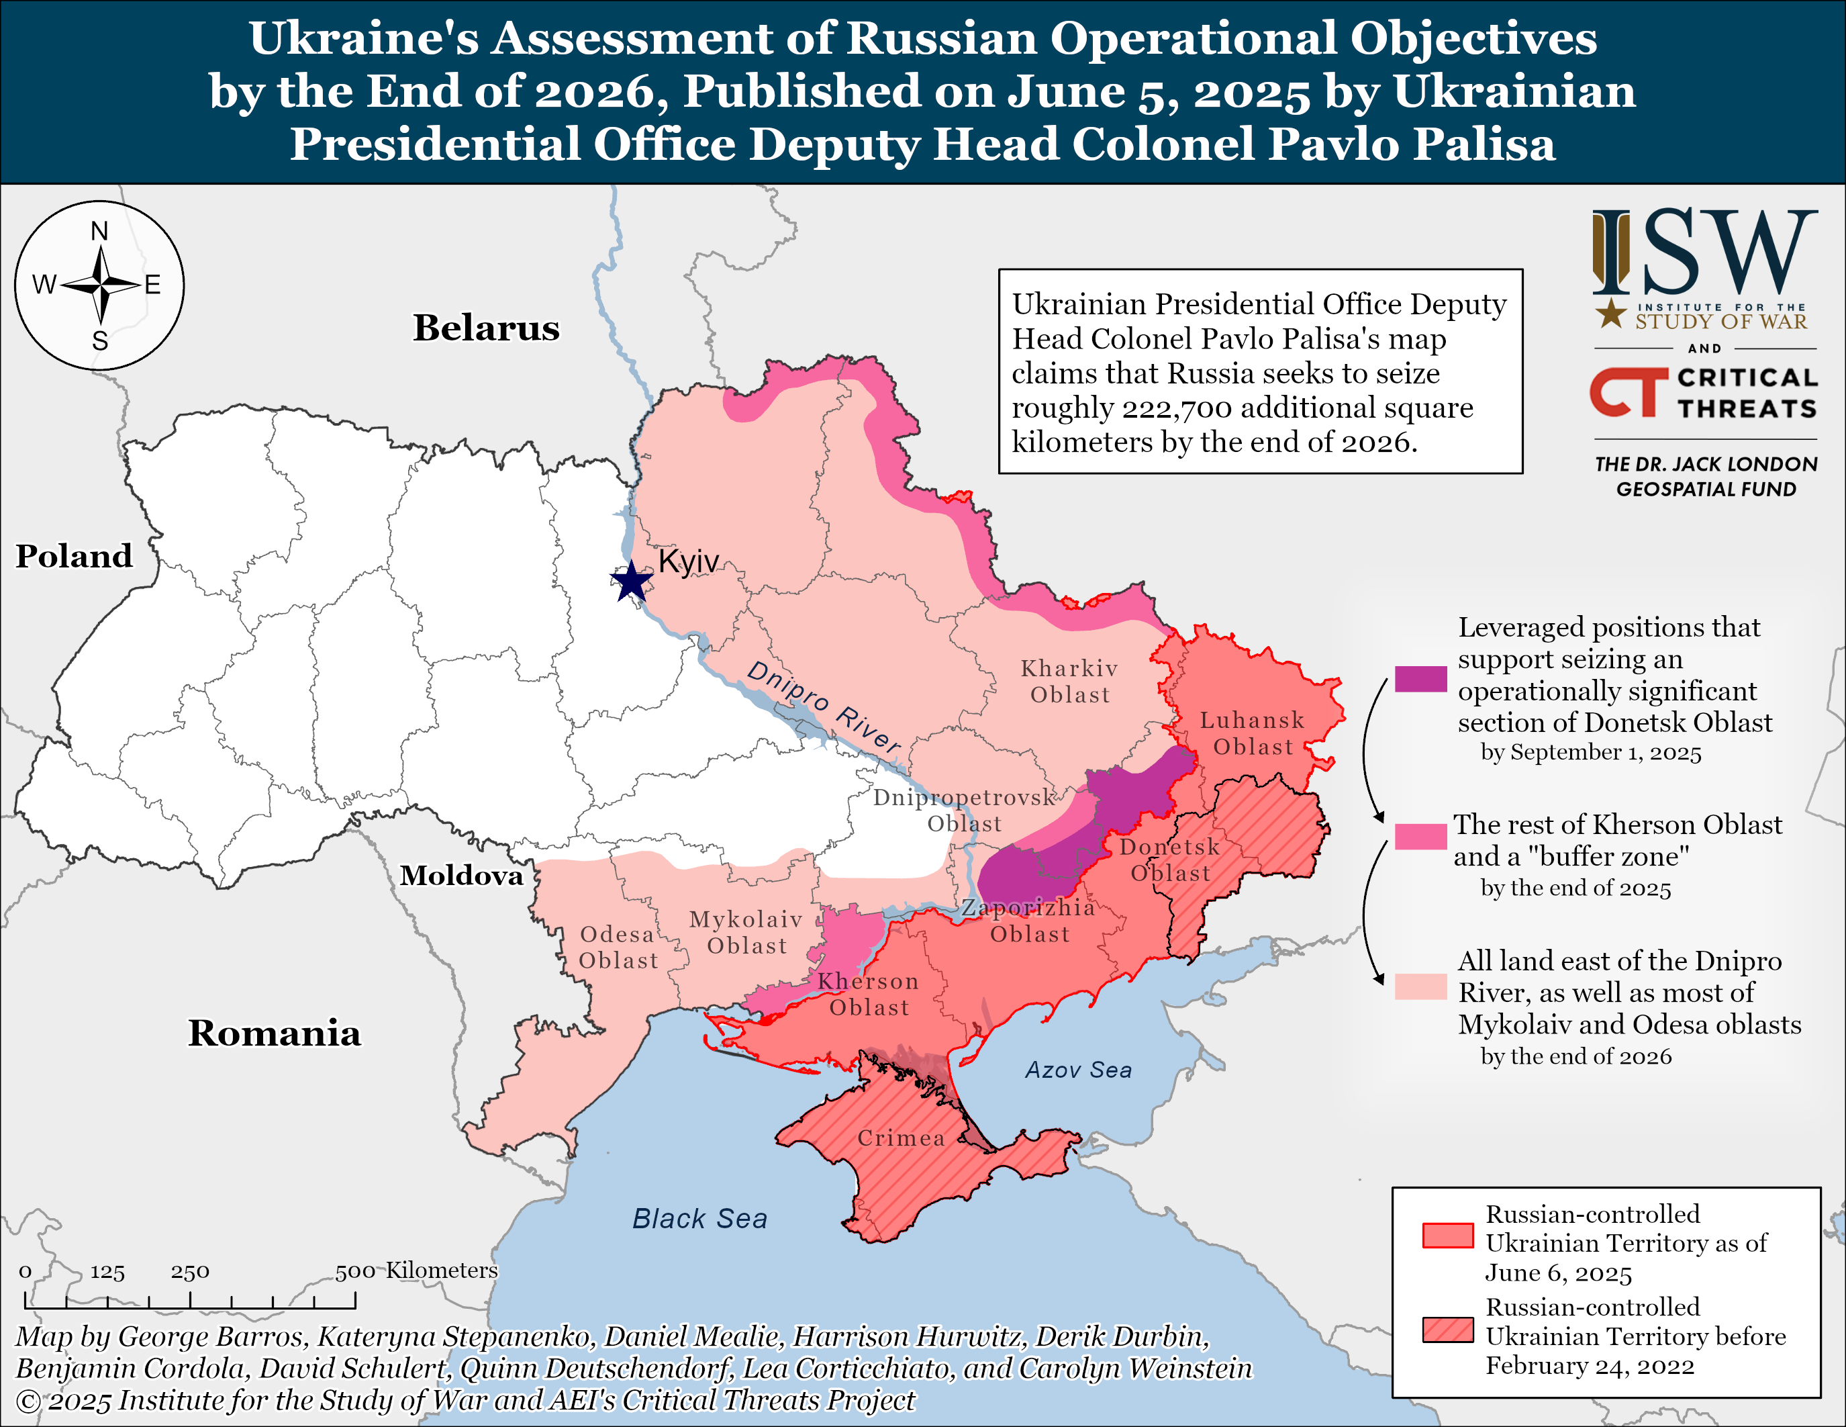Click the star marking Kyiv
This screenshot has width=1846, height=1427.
pyautogui.click(x=630, y=582)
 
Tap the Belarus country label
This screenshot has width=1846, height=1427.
pyautogui.click(x=486, y=328)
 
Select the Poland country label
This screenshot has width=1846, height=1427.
pyautogui.click(x=75, y=556)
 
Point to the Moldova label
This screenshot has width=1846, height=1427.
pyautogui.click(x=462, y=875)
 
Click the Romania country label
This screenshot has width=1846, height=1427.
pyautogui.click(x=274, y=1033)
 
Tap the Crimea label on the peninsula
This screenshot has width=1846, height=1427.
pyautogui.click(x=901, y=1138)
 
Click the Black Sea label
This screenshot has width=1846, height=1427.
pyautogui.click(x=700, y=1218)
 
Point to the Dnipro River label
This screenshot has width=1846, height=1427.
pyautogui.click(x=824, y=706)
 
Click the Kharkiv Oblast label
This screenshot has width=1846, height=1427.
pyautogui.click(x=1069, y=682)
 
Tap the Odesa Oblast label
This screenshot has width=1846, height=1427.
pyautogui.click(x=618, y=947)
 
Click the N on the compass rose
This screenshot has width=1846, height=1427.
pyautogui.click(x=100, y=231)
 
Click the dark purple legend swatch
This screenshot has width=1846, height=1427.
pyautogui.click(x=1420, y=679)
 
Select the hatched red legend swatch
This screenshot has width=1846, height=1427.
pyautogui.click(x=1447, y=1329)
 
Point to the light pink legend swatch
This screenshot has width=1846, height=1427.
pyautogui.click(x=1420, y=986)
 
